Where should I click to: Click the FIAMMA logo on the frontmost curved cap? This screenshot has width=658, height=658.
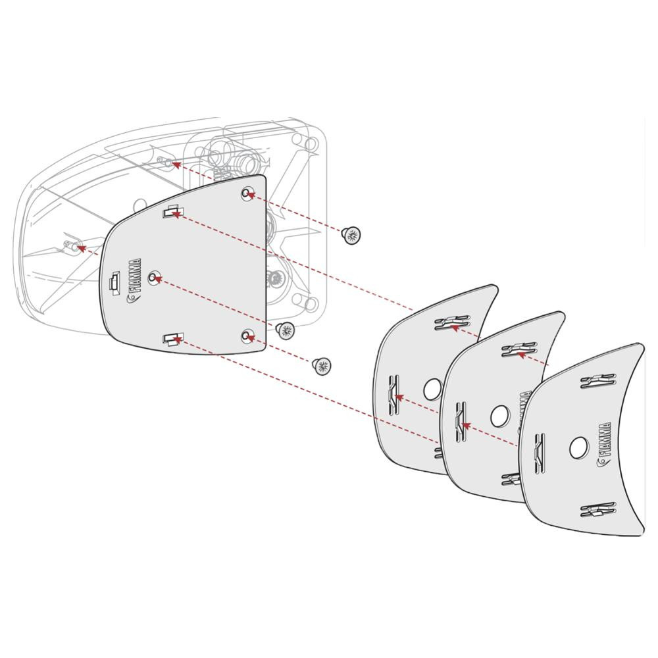[x=605, y=444]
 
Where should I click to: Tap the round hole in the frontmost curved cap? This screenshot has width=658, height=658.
[x=578, y=447]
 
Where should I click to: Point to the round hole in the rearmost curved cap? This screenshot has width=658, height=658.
[x=432, y=390]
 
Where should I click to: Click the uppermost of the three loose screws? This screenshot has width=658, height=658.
[x=352, y=234]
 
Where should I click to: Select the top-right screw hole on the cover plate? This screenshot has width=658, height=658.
[x=247, y=193]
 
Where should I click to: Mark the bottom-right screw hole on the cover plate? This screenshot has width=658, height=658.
[x=247, y=336]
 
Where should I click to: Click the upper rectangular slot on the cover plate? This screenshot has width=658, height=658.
[x=172, y=212]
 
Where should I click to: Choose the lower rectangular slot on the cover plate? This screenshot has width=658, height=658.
[x=172, y=339]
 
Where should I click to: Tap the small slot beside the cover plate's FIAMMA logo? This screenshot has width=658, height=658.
[x=114, y=282]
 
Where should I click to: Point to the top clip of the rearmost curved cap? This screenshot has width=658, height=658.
[x=451, y=322]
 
